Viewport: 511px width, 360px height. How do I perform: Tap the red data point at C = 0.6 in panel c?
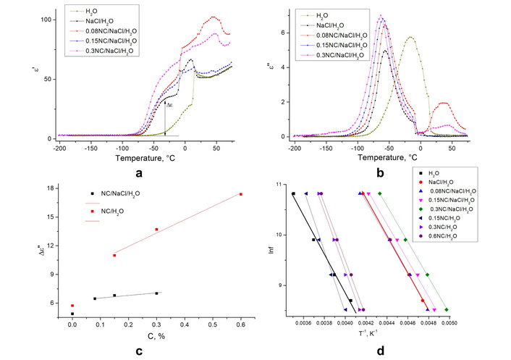pos(240,194)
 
